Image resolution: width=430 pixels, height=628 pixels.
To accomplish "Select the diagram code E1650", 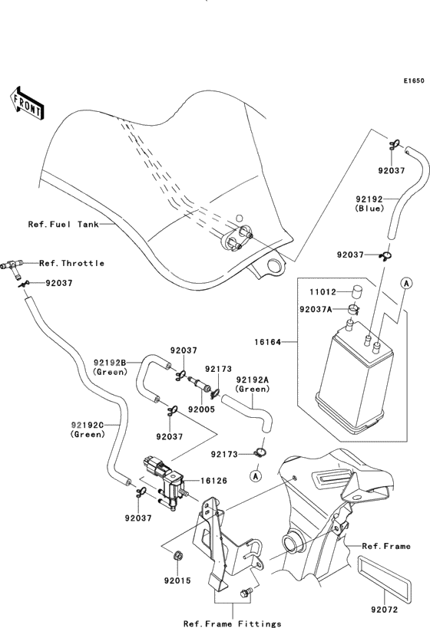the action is [x=414, y=81].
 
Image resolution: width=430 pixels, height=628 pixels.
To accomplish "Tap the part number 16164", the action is [x=267, y=343].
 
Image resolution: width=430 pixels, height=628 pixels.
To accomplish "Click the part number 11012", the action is [x=322, y=292].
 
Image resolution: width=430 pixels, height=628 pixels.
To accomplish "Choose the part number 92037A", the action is [x=316, y=309].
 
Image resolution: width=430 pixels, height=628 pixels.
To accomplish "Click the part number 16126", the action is [x=213, y=481].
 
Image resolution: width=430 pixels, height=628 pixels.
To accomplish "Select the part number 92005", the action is [x=201, y=409].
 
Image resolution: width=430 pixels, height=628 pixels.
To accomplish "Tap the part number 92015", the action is [x=177, y=580].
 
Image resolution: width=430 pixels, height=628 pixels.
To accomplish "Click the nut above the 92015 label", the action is [x=177, y=556].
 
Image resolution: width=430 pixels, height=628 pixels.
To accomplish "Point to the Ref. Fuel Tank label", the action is [x=64, y=224].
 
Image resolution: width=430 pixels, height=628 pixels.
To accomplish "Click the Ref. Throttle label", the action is [x=72, y=263].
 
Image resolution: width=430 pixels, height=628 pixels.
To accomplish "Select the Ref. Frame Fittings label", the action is [x=232, y=623].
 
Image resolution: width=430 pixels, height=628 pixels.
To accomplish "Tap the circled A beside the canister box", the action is [x=406, y=284].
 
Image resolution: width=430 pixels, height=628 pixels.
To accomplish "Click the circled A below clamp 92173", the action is [x=256, y=476].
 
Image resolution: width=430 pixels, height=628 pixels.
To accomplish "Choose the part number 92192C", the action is [x=88, y=425].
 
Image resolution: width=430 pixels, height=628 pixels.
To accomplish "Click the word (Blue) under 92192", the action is [x=369, y=209].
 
